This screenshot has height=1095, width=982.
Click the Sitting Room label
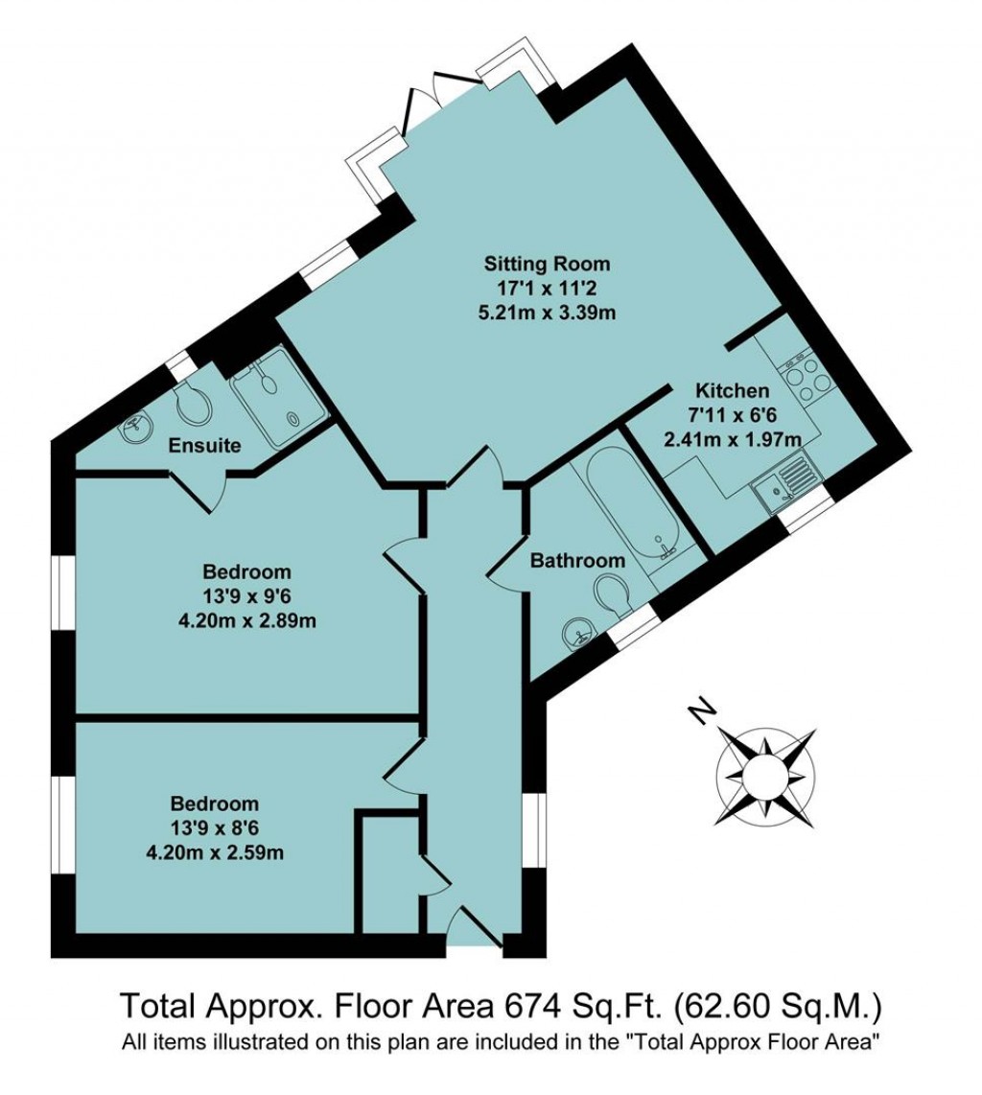pyautogui.click(x=547, y=264)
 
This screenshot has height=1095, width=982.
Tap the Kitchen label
pyautogui.click(x=732, y=391)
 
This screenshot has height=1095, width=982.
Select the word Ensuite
pyautogui.click(x=203, y=446)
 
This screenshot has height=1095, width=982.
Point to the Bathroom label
pyautogui.click(x=577, y=560)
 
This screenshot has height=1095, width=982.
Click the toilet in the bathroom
pyautogui.click(x=611, y=594)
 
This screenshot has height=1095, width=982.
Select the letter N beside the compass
pyautogui.click(x=703, y=712)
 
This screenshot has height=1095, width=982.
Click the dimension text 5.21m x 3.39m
pyautogui.click(x=547, y=312)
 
